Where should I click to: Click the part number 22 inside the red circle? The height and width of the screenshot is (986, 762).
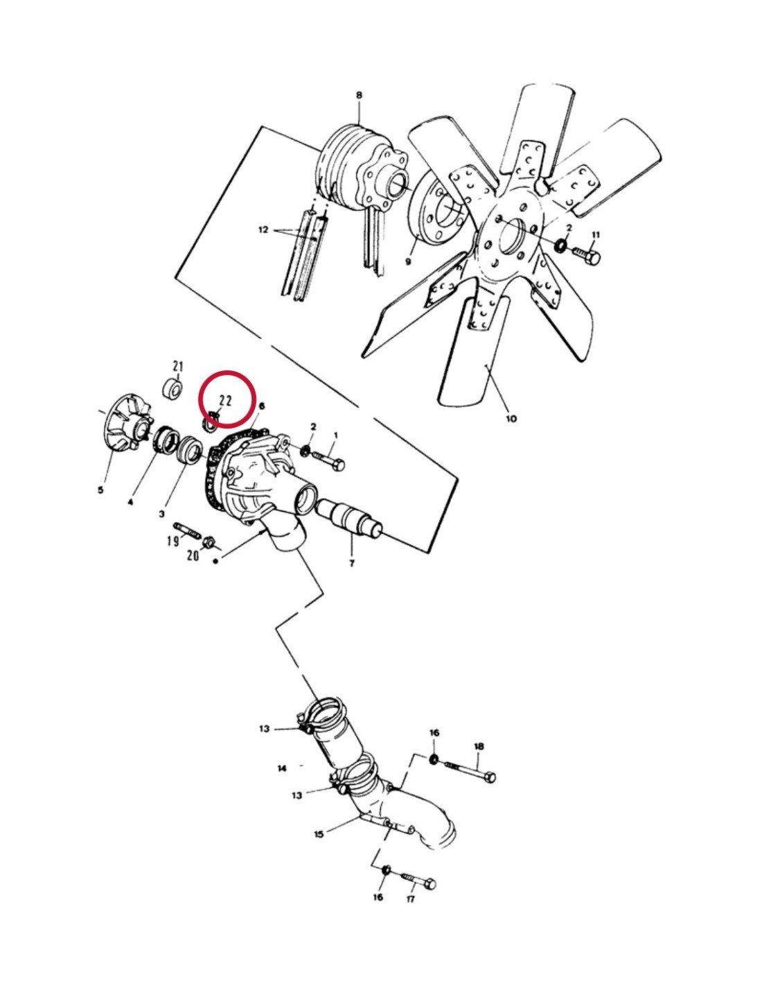pos(225,400)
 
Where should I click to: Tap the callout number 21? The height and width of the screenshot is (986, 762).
pos(178,365)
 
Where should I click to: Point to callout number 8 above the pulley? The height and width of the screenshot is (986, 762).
pos(359,95)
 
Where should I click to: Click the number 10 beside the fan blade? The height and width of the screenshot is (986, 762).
pos(511,418)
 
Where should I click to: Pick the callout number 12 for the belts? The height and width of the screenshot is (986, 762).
pos(263,230)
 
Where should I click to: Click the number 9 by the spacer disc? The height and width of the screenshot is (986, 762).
pos(408,262)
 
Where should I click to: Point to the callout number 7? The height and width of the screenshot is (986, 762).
pos(352,564)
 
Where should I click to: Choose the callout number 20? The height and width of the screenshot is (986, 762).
pos(193,555)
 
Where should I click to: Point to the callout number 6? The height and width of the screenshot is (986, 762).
pos(262,406)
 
